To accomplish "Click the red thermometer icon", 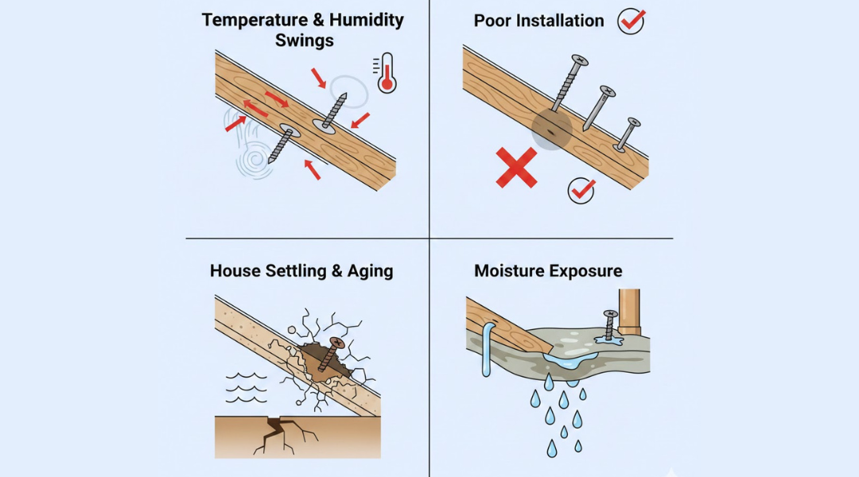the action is [x=387, y=73].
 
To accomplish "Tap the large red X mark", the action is [x=516, y=168].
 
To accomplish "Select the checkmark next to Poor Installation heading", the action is [x=631, y=21].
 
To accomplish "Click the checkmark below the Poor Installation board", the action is [x=581, y=191].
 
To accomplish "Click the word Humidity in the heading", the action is [x=367, y=20].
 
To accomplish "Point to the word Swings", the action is [x=304, y=41].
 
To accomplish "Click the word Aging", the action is [x=370, y=271].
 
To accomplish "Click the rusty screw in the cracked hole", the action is [x=330, y=354].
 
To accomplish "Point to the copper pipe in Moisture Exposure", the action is [x=629, y=312].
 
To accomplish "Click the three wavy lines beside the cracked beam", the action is [x=246, y=388].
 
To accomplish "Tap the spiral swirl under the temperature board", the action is [x=255, y=161].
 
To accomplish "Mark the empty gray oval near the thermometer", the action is [x=349, y=91].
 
